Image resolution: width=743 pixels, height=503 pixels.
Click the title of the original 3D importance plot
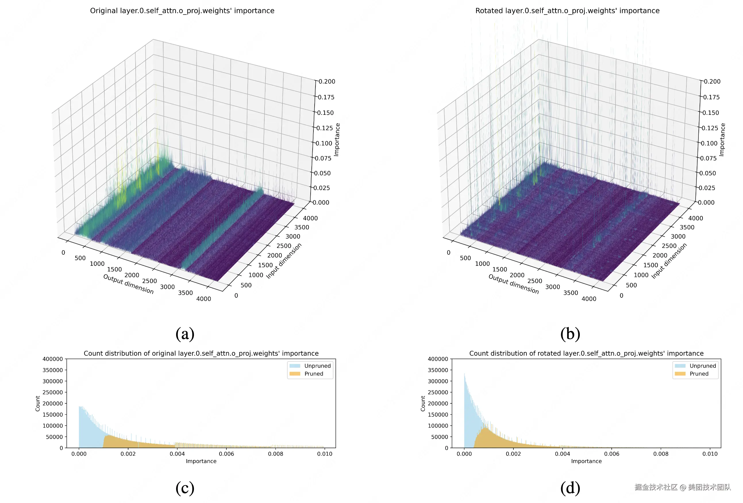pos(182,11)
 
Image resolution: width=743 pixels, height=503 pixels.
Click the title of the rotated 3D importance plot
pos(567,11)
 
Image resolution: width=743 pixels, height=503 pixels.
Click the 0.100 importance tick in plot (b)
pos(709,144)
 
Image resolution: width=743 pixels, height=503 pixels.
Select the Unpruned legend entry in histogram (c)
pos(317,366)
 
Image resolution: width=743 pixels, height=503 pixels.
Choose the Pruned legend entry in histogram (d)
pos(699,374)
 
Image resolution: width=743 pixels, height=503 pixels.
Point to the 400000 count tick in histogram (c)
pos(53,359)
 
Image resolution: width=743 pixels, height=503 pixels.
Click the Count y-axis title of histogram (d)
pos(423,404)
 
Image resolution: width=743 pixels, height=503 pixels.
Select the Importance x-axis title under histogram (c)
pos(201,461)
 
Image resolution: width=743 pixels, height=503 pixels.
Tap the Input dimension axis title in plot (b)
pos(669,261)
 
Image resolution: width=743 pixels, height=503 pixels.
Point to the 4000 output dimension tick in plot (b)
pos(589,299)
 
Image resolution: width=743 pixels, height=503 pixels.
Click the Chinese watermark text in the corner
pos(682,487)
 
